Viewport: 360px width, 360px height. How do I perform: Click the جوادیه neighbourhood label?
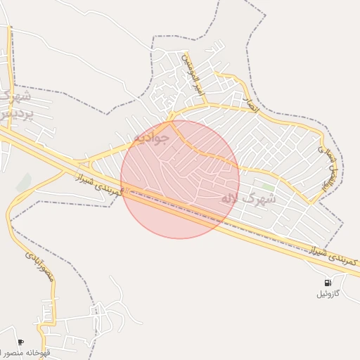pos(150,136)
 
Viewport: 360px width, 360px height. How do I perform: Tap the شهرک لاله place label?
pos(248,199)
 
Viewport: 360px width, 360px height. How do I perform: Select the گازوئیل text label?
pos(328,293)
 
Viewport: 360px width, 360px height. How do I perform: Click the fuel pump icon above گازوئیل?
pos(328,282)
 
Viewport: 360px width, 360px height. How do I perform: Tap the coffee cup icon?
pos(20,342)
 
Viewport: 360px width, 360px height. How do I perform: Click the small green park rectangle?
pos(264,187)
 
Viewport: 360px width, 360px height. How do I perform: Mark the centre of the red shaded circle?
pos(180,179)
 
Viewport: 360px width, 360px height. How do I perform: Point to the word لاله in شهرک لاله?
pos(232,199)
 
